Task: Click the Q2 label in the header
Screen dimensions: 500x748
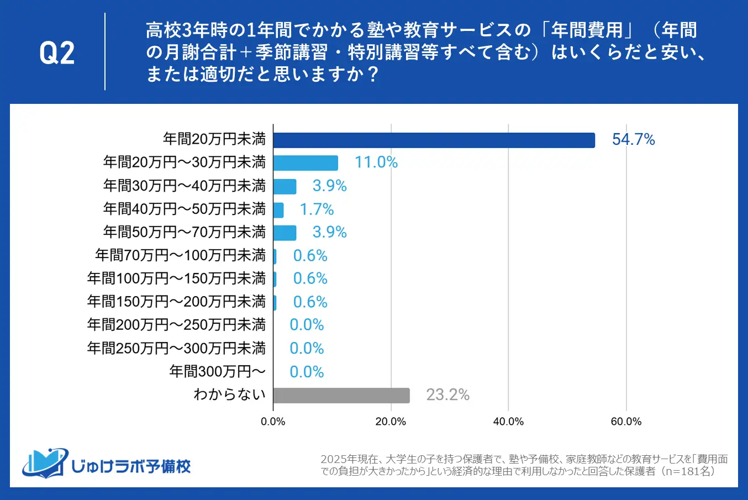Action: click(57, 53)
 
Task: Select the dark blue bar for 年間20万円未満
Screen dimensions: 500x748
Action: click(434, 140)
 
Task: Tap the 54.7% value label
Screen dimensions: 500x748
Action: click(633, 140)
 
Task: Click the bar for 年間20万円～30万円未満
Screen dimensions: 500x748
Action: click(305, 163)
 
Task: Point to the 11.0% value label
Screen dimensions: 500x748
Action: click(376, 162)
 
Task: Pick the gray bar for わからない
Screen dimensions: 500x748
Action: click(341, 396)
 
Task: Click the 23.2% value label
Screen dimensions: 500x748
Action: click(447, 395)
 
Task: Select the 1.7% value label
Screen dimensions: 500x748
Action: click(317, 209)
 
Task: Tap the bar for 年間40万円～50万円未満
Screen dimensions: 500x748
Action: click(278, 210)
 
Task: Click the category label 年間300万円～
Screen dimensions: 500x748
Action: click(217, 371)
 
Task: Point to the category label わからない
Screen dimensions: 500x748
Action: click(229, 394)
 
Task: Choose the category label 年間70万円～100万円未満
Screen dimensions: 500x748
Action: click(180, 255)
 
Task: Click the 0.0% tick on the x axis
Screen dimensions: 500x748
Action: click(273, 422)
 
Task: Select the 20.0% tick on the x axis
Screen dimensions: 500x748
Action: click(391, 422)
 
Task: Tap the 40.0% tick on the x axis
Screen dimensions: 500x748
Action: click(508, 422)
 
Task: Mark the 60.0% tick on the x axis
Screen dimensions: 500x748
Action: click(626, 422)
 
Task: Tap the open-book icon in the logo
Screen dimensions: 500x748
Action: click(44, 463)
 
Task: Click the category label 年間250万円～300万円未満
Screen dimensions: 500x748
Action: click(176, 348)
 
